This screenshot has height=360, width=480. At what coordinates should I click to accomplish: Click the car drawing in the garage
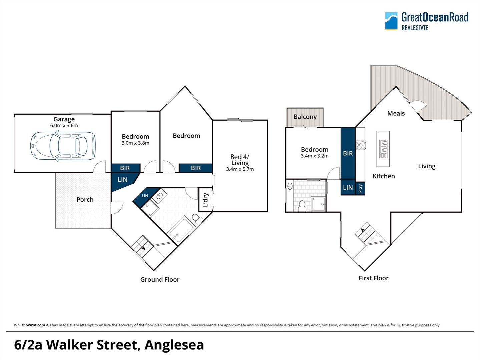[x=63, y=146]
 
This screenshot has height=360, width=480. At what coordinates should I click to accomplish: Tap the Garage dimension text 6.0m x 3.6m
[x=64, y=126]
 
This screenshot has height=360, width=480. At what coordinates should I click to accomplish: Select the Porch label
[x=85, y=199]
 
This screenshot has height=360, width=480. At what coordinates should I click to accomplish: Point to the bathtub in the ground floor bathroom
[x=181, y=229]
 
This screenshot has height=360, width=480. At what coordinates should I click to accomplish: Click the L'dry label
[x=205, y=200]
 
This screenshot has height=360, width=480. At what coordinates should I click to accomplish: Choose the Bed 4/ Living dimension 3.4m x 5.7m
[x=240, y=169]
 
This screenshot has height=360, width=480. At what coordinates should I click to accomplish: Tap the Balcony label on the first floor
[x=305, y=117]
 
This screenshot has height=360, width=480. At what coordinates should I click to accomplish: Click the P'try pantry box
[x=360, y=188]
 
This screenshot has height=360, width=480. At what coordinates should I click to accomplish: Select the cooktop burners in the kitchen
[x=361, y=145]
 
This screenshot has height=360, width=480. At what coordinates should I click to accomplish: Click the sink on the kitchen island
[x=383, y=149]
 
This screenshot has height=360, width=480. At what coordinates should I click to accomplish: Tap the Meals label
[x=396, y=113]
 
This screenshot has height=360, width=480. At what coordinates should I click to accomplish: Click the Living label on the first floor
[x=427, y=166]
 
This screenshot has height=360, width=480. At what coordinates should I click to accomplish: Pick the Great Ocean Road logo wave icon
[x=391, y=21]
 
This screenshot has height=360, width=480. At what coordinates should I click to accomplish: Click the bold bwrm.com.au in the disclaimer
[x=38, y=325]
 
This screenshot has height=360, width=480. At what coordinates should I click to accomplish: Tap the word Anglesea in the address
[x=174, y=345]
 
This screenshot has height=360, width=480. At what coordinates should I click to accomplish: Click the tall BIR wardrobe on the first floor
[x=348, y=153]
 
